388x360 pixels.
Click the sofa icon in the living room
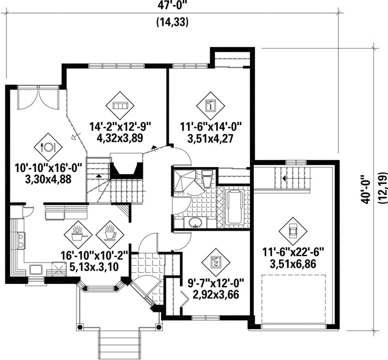point(120,106)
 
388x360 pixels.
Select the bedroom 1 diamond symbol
point(211,106)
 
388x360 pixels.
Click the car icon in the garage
point(293,231)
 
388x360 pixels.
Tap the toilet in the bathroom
point(207,178)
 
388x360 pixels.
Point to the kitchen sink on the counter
point(36,269)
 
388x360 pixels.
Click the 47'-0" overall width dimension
point(172,5)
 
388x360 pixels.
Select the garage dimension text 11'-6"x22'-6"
point(293,253)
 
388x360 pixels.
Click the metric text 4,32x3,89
point(120,137)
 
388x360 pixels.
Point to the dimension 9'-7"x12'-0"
point(216,283)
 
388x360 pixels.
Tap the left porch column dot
point(80,327)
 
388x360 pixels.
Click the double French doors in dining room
point(38,99)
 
